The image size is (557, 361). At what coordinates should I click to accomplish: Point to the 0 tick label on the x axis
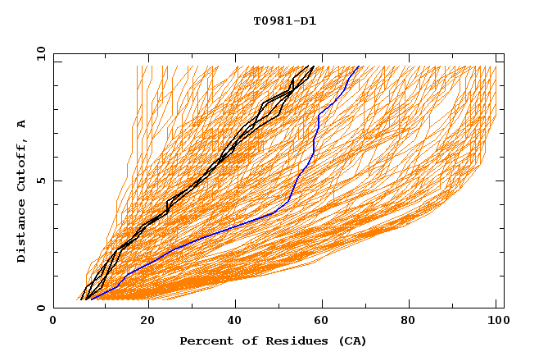click(x=53, y=321)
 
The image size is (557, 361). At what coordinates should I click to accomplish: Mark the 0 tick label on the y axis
click(x=41, y=308)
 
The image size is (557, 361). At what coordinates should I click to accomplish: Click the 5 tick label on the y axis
click(x=41, y=180)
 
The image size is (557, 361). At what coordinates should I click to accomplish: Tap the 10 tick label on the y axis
click(x=38, y=54)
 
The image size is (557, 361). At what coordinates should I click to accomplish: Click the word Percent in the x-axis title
click(x=203, y=341)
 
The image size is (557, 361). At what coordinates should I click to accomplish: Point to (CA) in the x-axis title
click(x=351, y=341)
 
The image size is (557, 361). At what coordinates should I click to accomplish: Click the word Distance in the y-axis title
click(x=22, y=234)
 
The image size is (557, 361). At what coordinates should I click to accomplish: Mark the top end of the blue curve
click(x=358, y=66)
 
